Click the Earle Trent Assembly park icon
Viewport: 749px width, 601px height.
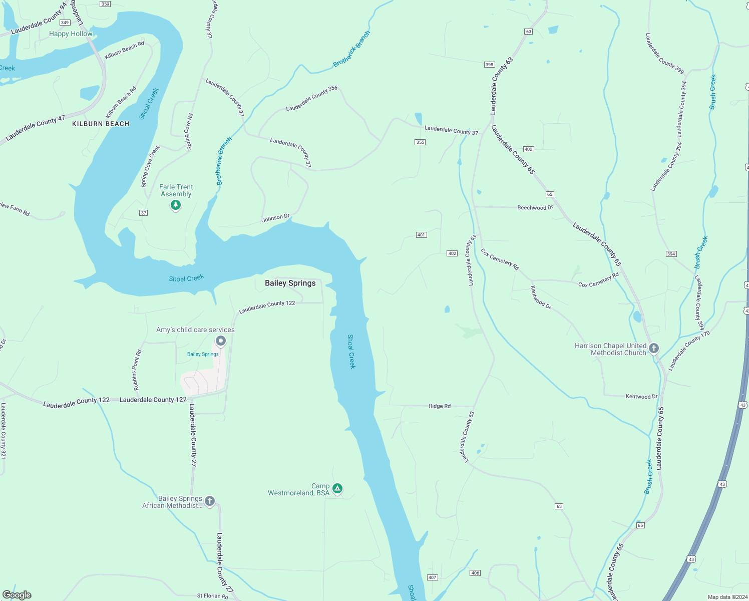176,205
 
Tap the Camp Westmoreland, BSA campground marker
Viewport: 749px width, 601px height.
337,488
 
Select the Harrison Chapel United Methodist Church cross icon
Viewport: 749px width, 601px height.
653,348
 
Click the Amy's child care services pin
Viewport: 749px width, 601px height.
221,341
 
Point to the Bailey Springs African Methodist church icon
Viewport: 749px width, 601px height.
210,501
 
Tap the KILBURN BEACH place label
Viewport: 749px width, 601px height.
101,124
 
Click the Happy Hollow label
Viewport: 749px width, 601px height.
71,34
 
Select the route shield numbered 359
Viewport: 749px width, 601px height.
105,4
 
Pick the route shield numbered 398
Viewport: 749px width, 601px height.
489,65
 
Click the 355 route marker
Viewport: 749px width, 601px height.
420,142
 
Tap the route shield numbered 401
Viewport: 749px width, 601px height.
421,235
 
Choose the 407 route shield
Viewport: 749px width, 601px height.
433,577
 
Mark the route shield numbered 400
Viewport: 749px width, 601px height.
528,149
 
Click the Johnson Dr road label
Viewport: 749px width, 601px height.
276,218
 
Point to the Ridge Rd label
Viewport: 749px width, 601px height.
440,406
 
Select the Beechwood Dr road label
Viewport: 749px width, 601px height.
535,207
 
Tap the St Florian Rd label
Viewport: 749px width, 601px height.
212,596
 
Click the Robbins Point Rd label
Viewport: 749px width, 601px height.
137,370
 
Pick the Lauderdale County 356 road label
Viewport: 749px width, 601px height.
311,98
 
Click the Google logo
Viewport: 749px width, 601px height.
17,595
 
